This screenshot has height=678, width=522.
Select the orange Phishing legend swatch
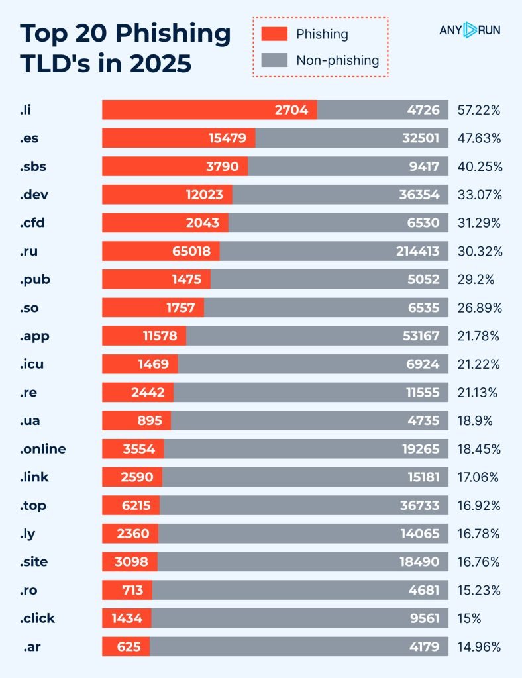tap(274, 34)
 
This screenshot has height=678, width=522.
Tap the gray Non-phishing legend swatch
tap(274, 60)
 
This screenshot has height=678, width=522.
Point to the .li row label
tap(26, 110)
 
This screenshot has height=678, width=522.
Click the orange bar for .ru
tap(161, 251)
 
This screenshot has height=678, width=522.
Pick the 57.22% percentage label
tap(479, 110)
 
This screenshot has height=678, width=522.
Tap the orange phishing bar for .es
tap(178, 138)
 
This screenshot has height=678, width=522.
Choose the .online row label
tap(43, 449)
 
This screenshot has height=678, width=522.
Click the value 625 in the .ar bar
tap(128, 647)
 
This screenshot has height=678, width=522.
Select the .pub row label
tap(35, 279)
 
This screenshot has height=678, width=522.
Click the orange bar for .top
tap(131, 505)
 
